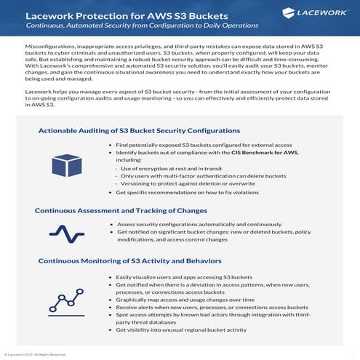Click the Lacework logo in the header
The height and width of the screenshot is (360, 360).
click(x=319, y=13)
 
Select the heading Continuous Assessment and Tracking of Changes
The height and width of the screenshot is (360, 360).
click(x=120, y=211)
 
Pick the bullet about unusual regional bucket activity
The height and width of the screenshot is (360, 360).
click(x=191, y=329)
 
